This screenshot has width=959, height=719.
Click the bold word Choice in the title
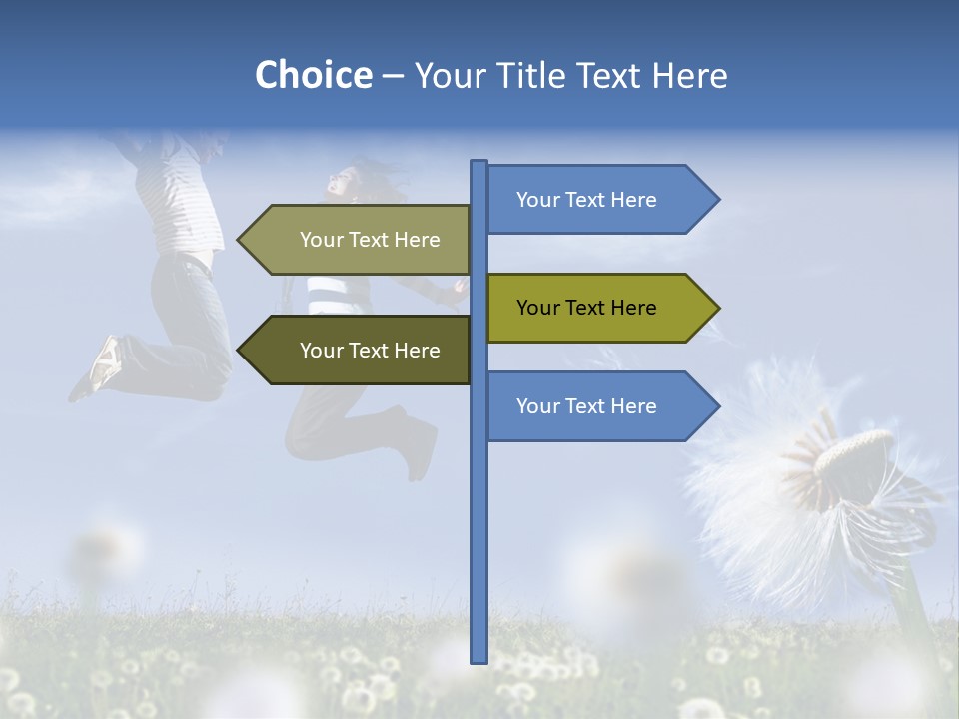(x=313, y=75)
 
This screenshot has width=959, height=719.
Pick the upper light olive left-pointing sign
(x=360, y=240)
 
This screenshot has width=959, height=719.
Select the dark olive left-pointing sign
(x=360, y=351)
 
